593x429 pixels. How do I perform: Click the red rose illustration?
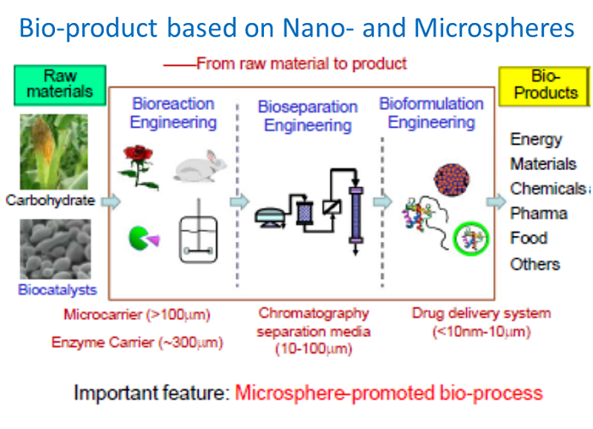coord(138,166)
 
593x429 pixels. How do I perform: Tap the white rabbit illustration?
coord(200,166)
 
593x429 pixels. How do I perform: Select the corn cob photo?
coord(54,152)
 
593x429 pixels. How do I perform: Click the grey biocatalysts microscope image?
coord(55,249)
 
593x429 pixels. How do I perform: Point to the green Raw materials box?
coord(60,85)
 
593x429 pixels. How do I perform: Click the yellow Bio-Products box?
coord(545,86)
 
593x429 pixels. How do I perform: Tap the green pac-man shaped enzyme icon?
coord(144,239)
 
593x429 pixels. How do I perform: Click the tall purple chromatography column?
coord(356,214)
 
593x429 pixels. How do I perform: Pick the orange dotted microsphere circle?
coord(452,179)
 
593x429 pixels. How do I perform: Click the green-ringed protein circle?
coord(470,239)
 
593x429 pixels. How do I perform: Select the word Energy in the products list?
coord(536,140)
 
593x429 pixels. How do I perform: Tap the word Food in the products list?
coord(529,238)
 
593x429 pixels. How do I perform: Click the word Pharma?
coord(538,213)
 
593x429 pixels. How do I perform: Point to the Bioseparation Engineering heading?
coord(308,116)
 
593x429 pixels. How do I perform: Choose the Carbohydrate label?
coord(51,200)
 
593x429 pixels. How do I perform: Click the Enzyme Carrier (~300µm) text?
coord(137,342)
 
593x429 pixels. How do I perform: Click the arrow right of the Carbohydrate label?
coord(111,201)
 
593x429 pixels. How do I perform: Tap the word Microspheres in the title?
coord(494,28)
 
